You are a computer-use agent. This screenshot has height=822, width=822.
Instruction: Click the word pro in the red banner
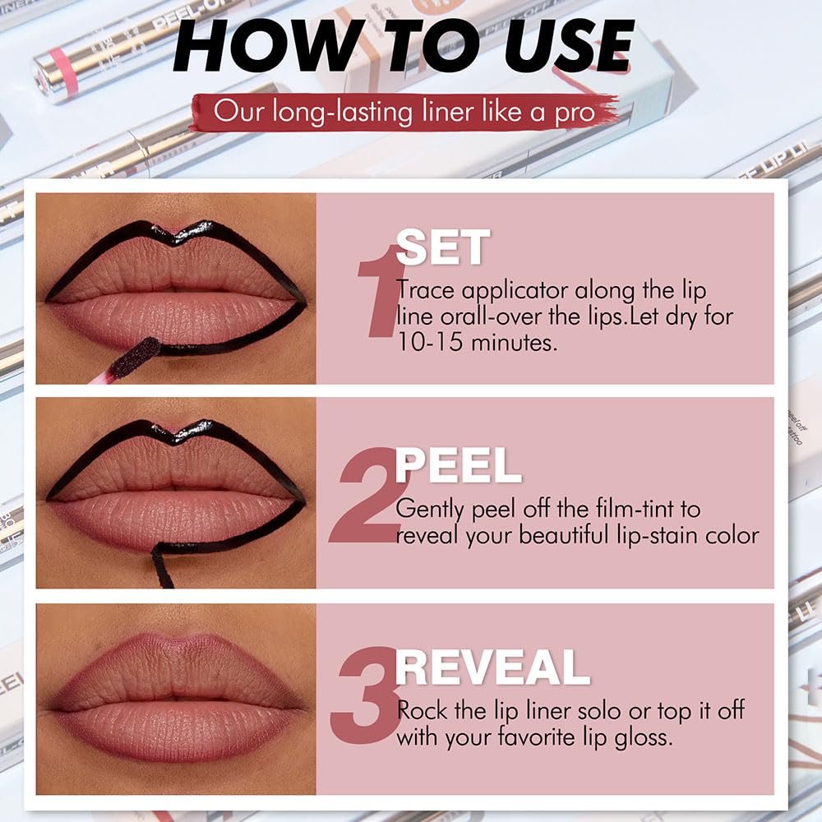point(573,113)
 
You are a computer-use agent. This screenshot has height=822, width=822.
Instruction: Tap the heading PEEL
point(458,466)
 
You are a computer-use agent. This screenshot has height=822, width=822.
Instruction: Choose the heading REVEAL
point(492,667)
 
